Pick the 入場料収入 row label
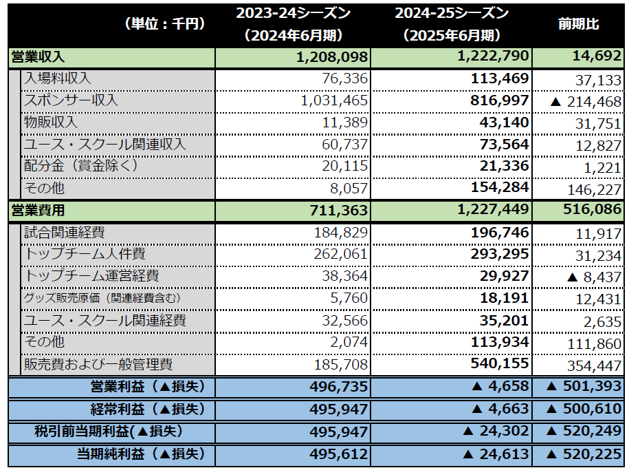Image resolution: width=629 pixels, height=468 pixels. click(x=58, y=79)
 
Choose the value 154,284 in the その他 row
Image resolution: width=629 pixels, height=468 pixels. click(x=500, y=187)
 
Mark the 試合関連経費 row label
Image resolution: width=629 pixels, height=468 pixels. click(x=65, y=233)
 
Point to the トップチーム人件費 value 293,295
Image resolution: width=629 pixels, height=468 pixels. click(x=500, y=254)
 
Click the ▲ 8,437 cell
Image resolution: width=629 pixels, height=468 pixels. click(x=595, y=276)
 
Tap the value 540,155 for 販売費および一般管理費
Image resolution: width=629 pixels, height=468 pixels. click(x=500, y=364)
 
